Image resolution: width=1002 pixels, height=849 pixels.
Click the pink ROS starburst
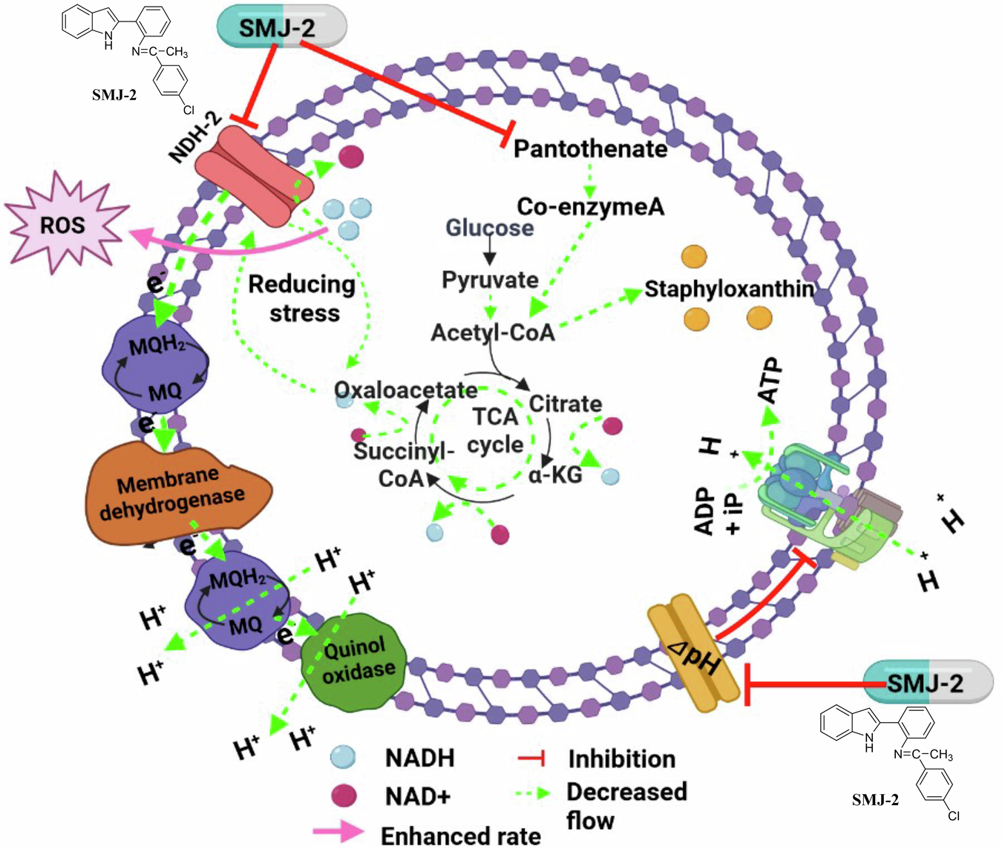click(x=64, y=224)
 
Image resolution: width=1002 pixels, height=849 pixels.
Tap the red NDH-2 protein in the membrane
click(x=253, y=177)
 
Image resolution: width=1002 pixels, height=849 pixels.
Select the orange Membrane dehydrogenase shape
click(x=178, y=494)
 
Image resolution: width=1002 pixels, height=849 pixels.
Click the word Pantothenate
click(x=590, y=148)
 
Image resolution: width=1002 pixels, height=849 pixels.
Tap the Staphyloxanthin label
click(x=729, y=289)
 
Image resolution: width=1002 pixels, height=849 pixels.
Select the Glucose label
click(x=489, y=227)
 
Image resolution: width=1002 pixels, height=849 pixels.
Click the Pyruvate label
click(x=490, y=280)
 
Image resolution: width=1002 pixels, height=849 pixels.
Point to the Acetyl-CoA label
click(x=493, y=332)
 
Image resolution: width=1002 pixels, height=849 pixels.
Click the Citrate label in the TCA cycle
click(x=565, y=404)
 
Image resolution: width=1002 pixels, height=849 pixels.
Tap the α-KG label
click(x=554, y=474)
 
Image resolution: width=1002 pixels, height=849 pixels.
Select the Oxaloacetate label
click(x=405, y=390)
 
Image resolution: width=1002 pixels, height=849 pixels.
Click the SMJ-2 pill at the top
click(x=281, y=28)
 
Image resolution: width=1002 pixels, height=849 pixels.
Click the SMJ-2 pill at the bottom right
click(x=928, y=682)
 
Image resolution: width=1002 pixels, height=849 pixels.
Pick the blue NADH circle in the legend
click(x=343, y=758)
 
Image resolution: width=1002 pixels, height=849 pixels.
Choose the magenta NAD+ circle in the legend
click(x=343, y=796)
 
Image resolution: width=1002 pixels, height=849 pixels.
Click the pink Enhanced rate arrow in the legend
click(x=338, y=833)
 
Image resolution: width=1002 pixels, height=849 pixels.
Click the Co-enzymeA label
click(x=590, y=206)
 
